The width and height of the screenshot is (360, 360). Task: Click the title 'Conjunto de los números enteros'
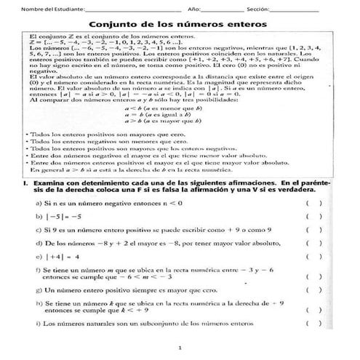coord(179,23)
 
